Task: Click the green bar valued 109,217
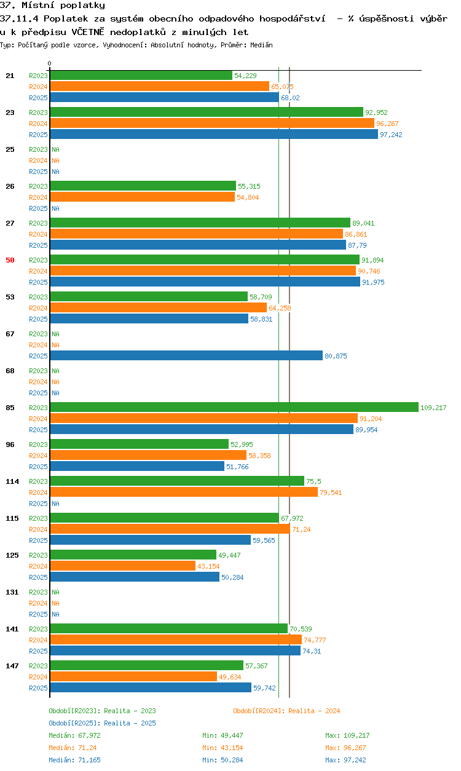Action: (x=234, y=407)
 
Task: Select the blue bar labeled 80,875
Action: (x=186, y=355)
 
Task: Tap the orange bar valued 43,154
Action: (x=123, y=566)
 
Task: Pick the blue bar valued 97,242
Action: (x=214, y=134)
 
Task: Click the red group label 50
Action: (x=10, y=260)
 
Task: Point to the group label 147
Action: (x=12, y=666)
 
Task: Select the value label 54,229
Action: (x=245, y=76)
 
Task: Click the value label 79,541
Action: (x=331, y=492)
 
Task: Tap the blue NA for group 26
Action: (x=55, y=208)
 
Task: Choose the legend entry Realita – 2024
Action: (x=286, y=711)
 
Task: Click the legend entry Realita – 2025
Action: (x=102, y=723)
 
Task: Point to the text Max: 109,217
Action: (x=347, y=735)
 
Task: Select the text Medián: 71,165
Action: (x=74, y=760)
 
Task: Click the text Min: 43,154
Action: (x=223, y=748)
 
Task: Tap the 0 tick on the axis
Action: (x=50, y=64)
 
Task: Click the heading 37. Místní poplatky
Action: (x=53, y=5)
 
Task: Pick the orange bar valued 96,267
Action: (x=212, y=123)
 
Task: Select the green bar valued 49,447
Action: (x=133, y=555)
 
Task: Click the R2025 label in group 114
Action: (x=38, y=504)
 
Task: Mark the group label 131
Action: (x=12, y=592)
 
